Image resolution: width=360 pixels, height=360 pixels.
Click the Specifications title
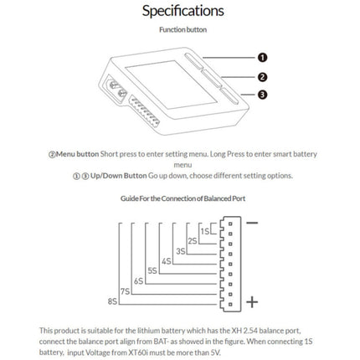tap(183, 12)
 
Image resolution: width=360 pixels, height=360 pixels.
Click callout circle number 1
tap(261, 58)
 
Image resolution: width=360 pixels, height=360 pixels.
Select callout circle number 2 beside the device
tap(261, 76)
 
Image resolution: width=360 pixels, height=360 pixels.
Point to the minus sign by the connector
tap(252, 225)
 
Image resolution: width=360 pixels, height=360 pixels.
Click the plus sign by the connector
tap(252, 301)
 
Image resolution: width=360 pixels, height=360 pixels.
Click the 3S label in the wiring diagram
tap(181, 249)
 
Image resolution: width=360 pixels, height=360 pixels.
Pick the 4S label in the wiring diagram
tap(167, 260)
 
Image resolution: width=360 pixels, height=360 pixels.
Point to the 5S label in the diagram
tap(152, 270)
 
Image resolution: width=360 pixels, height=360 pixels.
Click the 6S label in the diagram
tap(138, 280)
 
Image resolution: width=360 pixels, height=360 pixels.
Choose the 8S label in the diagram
tap(112, 299)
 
